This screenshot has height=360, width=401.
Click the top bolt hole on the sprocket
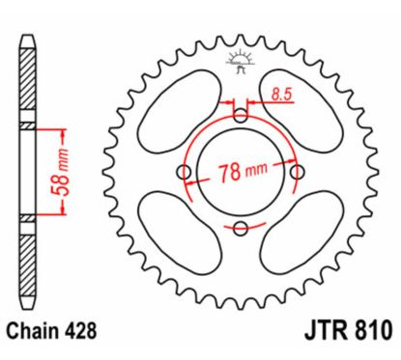241,115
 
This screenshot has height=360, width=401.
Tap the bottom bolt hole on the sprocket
241,228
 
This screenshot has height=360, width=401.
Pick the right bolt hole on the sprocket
298,172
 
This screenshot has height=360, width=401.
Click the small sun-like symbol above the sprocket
241,61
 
